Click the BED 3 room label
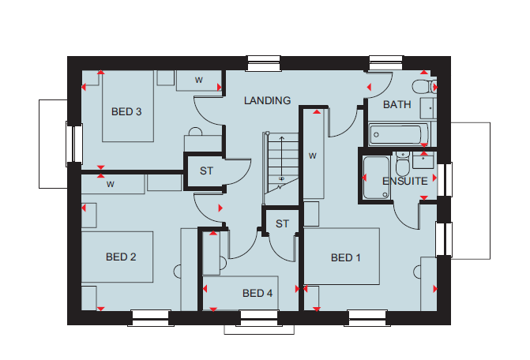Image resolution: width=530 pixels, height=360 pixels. (x=126, y=112)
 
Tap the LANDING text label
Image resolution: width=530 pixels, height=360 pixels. (x=267, y=100)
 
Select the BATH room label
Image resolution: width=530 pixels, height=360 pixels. (x=397, y=105)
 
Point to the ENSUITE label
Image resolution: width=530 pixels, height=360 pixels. (x=405, y=182)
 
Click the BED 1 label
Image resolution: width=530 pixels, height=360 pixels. (x=345, y=258)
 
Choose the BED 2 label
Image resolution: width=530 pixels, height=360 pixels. (x=121, y=257)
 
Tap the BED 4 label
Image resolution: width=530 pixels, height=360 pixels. (x=257, y=293)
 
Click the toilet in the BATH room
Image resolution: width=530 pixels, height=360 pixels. (x=424, y=87)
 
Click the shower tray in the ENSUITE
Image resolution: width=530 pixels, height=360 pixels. (x=376, y=178)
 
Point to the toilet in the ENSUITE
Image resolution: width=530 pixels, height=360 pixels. (x=402, y=163)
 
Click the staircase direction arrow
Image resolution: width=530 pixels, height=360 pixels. (x=281, y=158)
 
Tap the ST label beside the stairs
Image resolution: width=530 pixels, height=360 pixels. (x=282, y=223)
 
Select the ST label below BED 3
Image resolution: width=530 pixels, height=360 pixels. (x=206, y=171)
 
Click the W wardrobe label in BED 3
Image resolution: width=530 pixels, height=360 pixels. (x=199, y=80)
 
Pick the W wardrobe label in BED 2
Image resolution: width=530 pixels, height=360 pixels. (x=111, y=184)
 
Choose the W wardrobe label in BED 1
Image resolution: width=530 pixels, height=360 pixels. (x=313, y=156)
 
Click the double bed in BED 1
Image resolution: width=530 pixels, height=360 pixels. (x=341, y=257)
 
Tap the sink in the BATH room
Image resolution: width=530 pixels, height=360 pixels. (x=428, y=108)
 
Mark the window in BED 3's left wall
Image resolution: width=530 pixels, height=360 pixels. (x=74, y=144)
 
